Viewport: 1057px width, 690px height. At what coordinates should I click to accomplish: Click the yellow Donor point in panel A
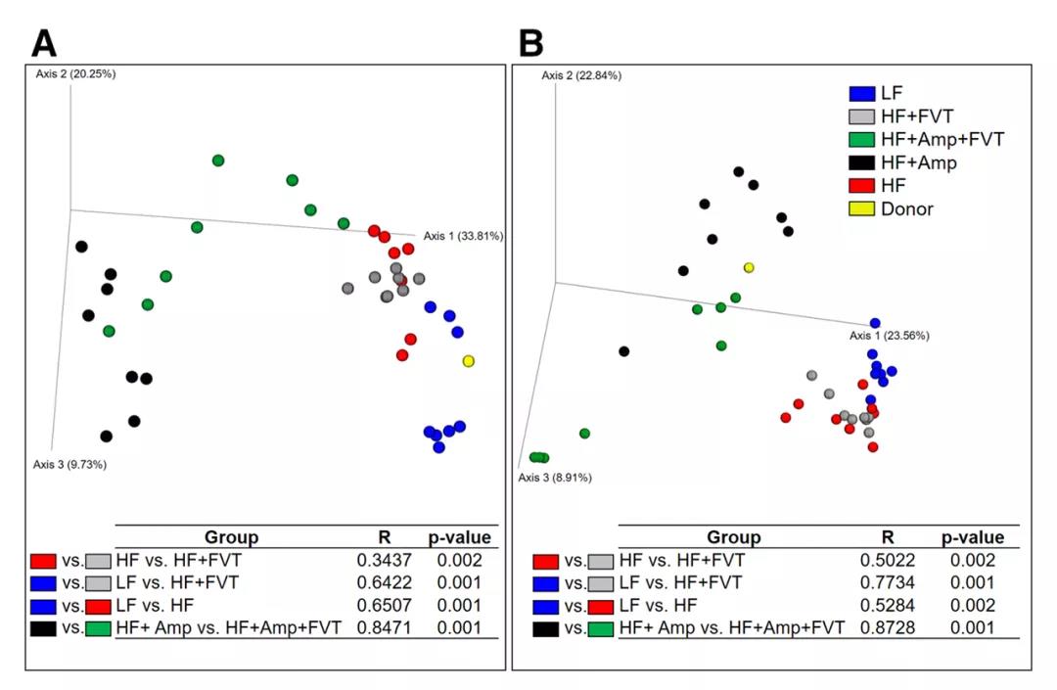click(x=469, y=361)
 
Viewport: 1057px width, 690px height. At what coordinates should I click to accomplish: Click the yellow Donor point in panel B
click(x=749, y=267)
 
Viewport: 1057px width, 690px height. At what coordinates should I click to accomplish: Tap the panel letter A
click(x=45, y=43)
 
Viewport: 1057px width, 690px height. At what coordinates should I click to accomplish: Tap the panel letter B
click(x=530, y=43)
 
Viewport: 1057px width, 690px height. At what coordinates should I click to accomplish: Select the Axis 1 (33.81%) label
click(x=463, y=236)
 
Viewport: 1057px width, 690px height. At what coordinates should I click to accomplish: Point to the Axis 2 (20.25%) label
click(x=76, y=73)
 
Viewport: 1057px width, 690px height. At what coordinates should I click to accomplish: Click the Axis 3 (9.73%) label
click(x=69, y=464)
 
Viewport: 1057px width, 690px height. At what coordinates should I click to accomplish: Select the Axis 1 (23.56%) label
click(x=889, y=336)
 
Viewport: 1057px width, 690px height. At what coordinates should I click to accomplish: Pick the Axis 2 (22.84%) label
click(x=581, y=75)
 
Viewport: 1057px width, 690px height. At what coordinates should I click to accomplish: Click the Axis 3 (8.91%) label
click(x=554, y=478)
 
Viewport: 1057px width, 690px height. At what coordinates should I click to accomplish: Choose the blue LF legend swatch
click(x=861, y=94)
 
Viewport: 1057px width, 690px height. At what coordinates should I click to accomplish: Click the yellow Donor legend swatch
click(x=861, y=208)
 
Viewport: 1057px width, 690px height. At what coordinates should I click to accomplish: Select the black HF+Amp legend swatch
click(x=861, y=162)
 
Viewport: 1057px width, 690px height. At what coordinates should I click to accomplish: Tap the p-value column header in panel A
click(x=459, y=537)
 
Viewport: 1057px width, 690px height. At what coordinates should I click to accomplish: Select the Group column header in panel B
click(x=733, y=537)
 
